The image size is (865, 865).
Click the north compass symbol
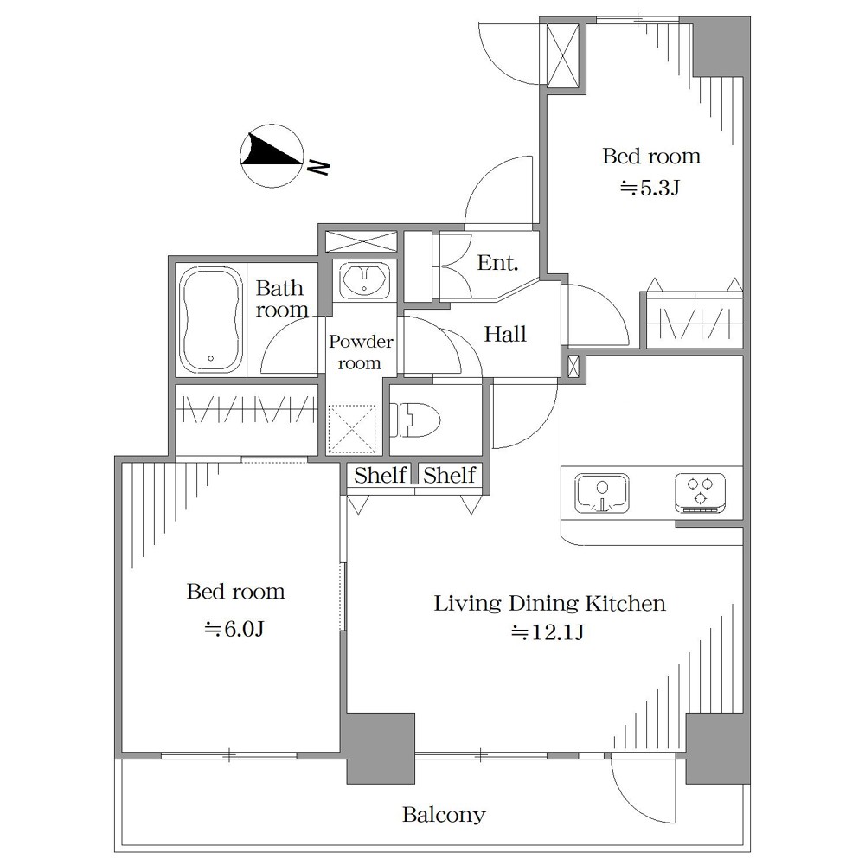272,156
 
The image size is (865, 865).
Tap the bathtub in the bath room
211,320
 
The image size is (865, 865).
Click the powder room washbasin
364,279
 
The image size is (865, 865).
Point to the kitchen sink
602,493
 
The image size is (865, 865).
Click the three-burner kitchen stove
700,493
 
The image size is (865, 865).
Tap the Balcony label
444,814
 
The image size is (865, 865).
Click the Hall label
505,334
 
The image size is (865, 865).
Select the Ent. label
497,263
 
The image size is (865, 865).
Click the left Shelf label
380,475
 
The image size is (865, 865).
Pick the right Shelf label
450,475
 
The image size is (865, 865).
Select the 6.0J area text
235,628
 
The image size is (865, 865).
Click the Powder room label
361,352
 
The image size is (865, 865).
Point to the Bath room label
281,298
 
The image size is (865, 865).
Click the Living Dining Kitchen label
550,603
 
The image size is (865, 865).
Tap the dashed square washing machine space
351,429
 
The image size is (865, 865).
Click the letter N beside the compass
318,167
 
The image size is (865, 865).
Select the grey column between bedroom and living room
380,748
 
